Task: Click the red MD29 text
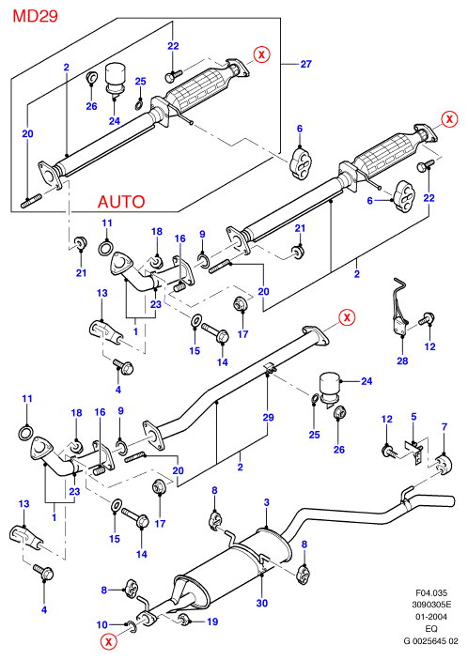[x=36, y=16]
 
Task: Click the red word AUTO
[x=121, y=202]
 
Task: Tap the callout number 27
[x=305, y=64]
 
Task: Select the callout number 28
[x=402, y=361]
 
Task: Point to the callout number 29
[x=268, y=418]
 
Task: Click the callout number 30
[x=262, y=603]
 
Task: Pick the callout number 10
[x=102, y=625]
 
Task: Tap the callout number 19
[x=212, y=622]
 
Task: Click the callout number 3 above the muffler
[x=266, y=502]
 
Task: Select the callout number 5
[x=413, y=417]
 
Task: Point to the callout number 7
[x=444, y=427]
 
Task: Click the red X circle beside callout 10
[x=109, y=642]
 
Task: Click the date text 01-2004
[x=431, y=617]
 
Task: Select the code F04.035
[x=431, y=593]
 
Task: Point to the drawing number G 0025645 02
[x=430, y=641]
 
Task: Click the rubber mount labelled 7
[x=445, y=465]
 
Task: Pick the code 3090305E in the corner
[x=431, y=606]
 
